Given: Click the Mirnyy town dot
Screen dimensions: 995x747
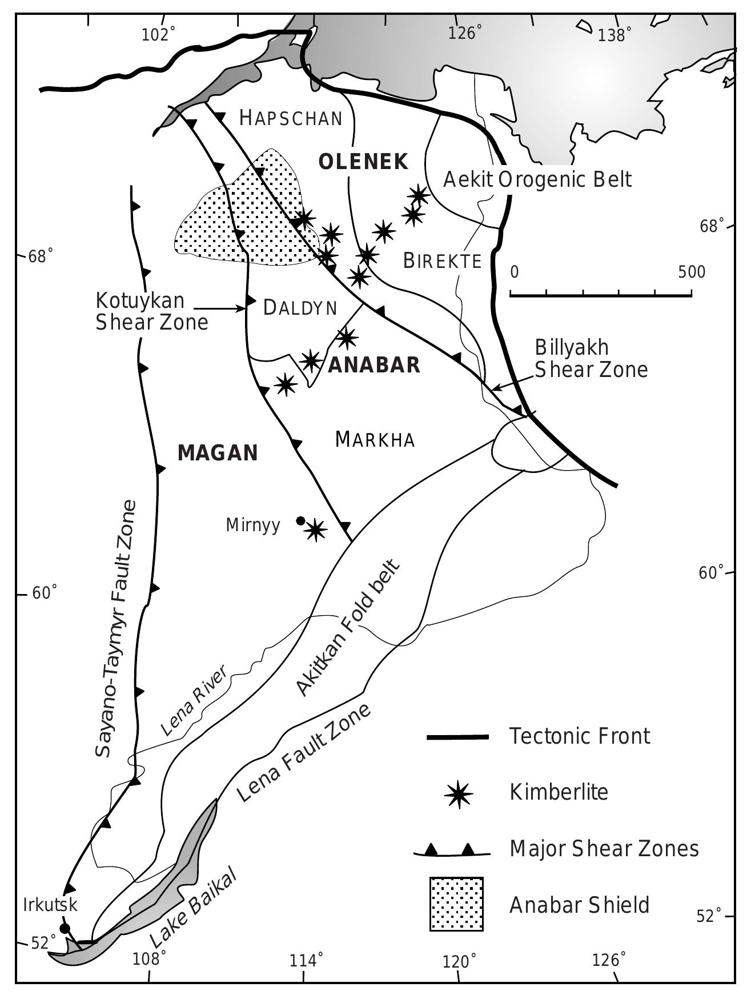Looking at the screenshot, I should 300,520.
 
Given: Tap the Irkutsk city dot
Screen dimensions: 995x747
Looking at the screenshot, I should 65,928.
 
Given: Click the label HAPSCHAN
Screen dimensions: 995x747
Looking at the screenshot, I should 291,118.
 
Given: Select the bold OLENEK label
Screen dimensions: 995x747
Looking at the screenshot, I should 363,162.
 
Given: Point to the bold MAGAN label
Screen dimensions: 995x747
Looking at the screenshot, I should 218,453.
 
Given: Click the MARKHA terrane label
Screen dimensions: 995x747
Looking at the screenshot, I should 375,440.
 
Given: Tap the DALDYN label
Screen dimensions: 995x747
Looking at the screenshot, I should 300,308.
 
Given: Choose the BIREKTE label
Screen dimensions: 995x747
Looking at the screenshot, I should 442,261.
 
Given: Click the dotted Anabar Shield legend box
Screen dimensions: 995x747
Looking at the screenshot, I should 456,904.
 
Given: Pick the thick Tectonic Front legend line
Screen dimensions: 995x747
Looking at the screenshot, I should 457,737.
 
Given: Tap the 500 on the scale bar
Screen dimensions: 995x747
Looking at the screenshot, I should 692,272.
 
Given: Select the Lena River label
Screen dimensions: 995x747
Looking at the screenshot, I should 193,700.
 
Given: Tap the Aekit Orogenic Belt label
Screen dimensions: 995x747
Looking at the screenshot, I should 537,179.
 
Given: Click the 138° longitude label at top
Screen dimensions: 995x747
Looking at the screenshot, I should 615,35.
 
